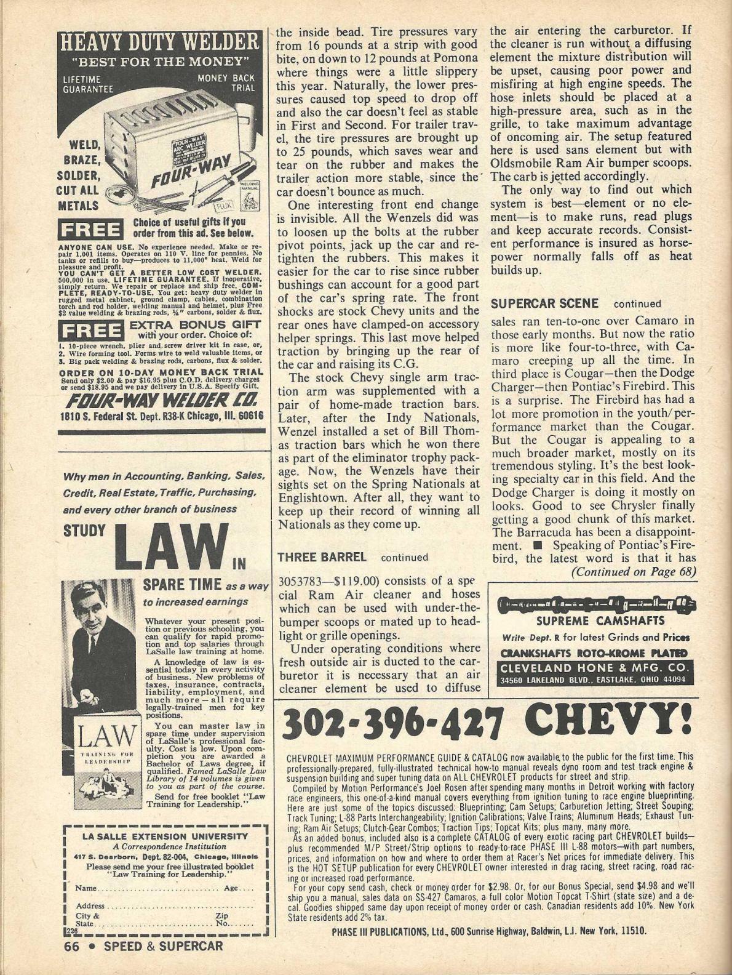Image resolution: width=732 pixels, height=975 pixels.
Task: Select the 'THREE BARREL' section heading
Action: [322, 557]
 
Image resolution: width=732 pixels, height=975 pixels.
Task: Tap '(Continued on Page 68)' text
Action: [634, 571]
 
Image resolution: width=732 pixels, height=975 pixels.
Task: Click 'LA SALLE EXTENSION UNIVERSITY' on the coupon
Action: [165, 836]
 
